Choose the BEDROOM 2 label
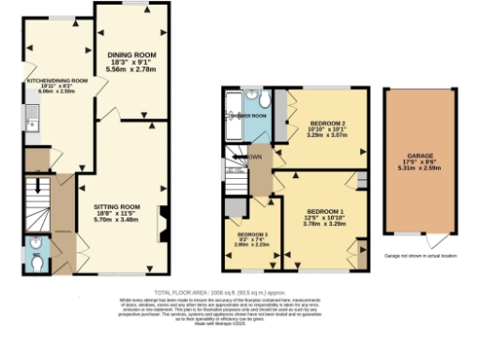(x=326, y=123)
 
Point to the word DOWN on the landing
(x=254, y=157)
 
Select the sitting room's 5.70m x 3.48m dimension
(x=116, y=224)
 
